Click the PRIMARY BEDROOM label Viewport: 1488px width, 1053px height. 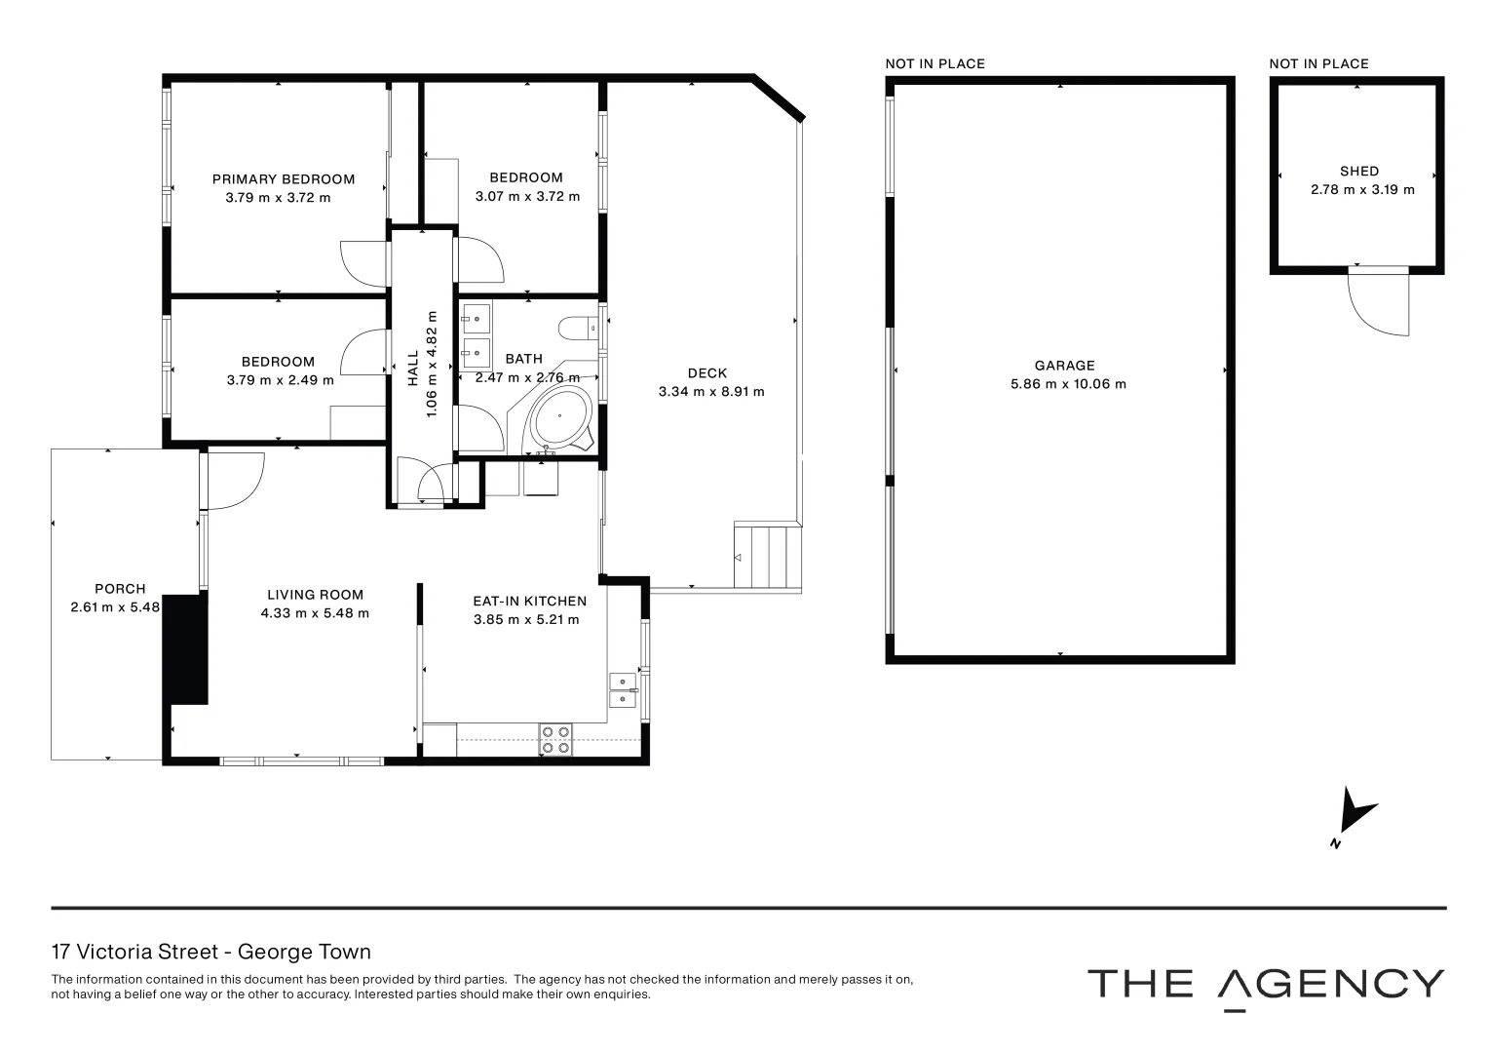point(284,179)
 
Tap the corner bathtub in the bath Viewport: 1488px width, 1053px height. point(559,417)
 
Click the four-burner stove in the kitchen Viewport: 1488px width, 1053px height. point(555,740)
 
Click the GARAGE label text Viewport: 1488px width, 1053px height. point(1064,366)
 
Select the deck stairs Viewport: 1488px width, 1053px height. point(767,557)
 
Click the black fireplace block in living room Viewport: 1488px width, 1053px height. point(185,648)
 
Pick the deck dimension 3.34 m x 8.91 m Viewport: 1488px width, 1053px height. point(711,392)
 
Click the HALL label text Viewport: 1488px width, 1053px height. point(413,368)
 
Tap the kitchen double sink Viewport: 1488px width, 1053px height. point(622,689)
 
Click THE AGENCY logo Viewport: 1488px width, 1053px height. point(1265,985)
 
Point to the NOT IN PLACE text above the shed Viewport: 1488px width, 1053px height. point(1318,64)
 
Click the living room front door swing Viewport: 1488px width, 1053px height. point(235,482)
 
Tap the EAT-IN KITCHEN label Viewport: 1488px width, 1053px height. point(529,602)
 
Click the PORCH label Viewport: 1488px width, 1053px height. point(120,589)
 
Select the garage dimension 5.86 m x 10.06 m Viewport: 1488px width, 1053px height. point(1068,384)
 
